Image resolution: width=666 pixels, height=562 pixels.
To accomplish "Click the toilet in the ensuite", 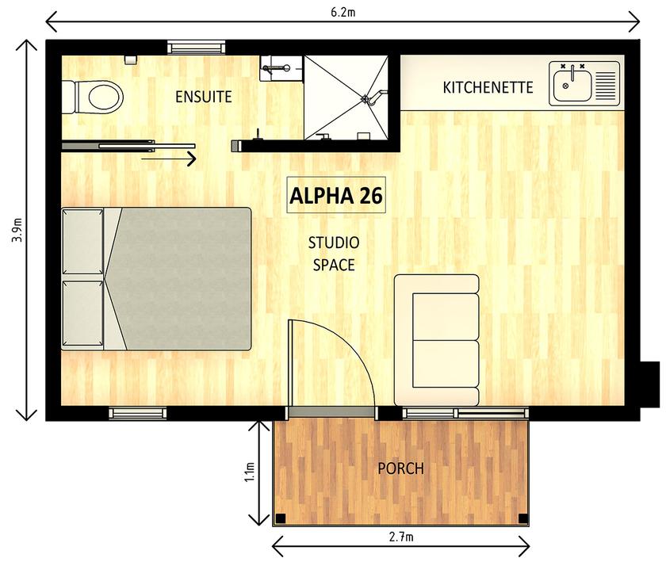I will pos(97,97).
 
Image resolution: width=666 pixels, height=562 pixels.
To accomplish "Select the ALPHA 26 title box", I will pos(336,196).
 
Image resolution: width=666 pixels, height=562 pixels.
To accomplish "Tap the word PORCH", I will pos(400,468).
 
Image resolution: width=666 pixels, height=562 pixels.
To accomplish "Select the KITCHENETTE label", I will pos(487,87).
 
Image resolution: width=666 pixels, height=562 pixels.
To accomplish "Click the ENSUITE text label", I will pos(203,97).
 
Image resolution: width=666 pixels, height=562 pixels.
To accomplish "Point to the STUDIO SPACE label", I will pos(334,254).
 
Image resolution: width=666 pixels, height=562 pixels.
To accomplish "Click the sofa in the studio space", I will pos(437,340).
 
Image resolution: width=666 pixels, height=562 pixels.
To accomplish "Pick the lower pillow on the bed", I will pos(83,314).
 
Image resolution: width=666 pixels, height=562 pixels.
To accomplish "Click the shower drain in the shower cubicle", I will pos(366,98).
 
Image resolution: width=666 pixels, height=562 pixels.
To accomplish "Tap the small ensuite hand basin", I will pos(277,68).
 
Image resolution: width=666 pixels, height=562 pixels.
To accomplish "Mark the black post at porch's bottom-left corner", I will pos(280,519).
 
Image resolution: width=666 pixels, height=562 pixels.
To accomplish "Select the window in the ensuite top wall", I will pos(196,48).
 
